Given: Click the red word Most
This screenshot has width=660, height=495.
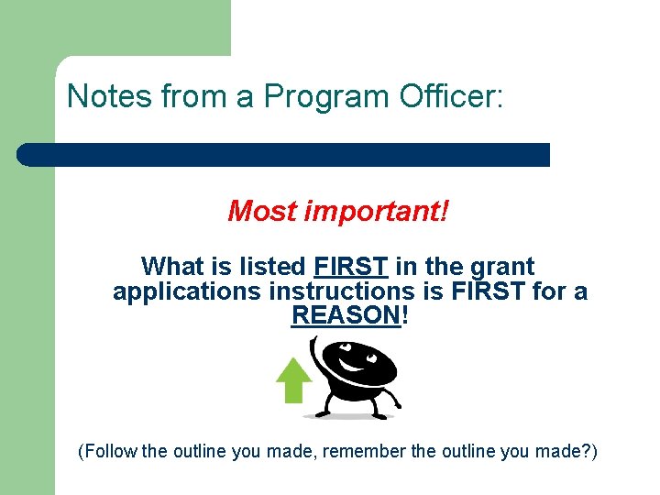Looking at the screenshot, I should [x=262, y=212].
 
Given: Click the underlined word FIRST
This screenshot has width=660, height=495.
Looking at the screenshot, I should [x=351, y=267].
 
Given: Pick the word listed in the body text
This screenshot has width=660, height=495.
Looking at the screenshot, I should [x=272, y=267].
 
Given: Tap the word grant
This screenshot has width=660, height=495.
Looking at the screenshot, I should [x=501, y=267].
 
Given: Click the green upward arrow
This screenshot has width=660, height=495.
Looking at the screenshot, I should [x=293, y=379].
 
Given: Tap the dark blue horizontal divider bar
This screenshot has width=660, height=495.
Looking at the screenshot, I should [x=284, y=155].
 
